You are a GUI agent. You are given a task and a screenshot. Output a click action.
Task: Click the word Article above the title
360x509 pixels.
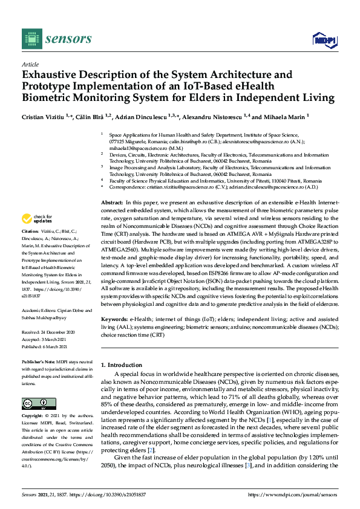[x=30, y=63]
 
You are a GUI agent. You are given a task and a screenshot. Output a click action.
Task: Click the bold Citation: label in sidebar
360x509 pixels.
[x=31, y=232]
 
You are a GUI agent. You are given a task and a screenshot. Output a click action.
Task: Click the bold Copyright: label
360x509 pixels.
[x=34, y=417]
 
